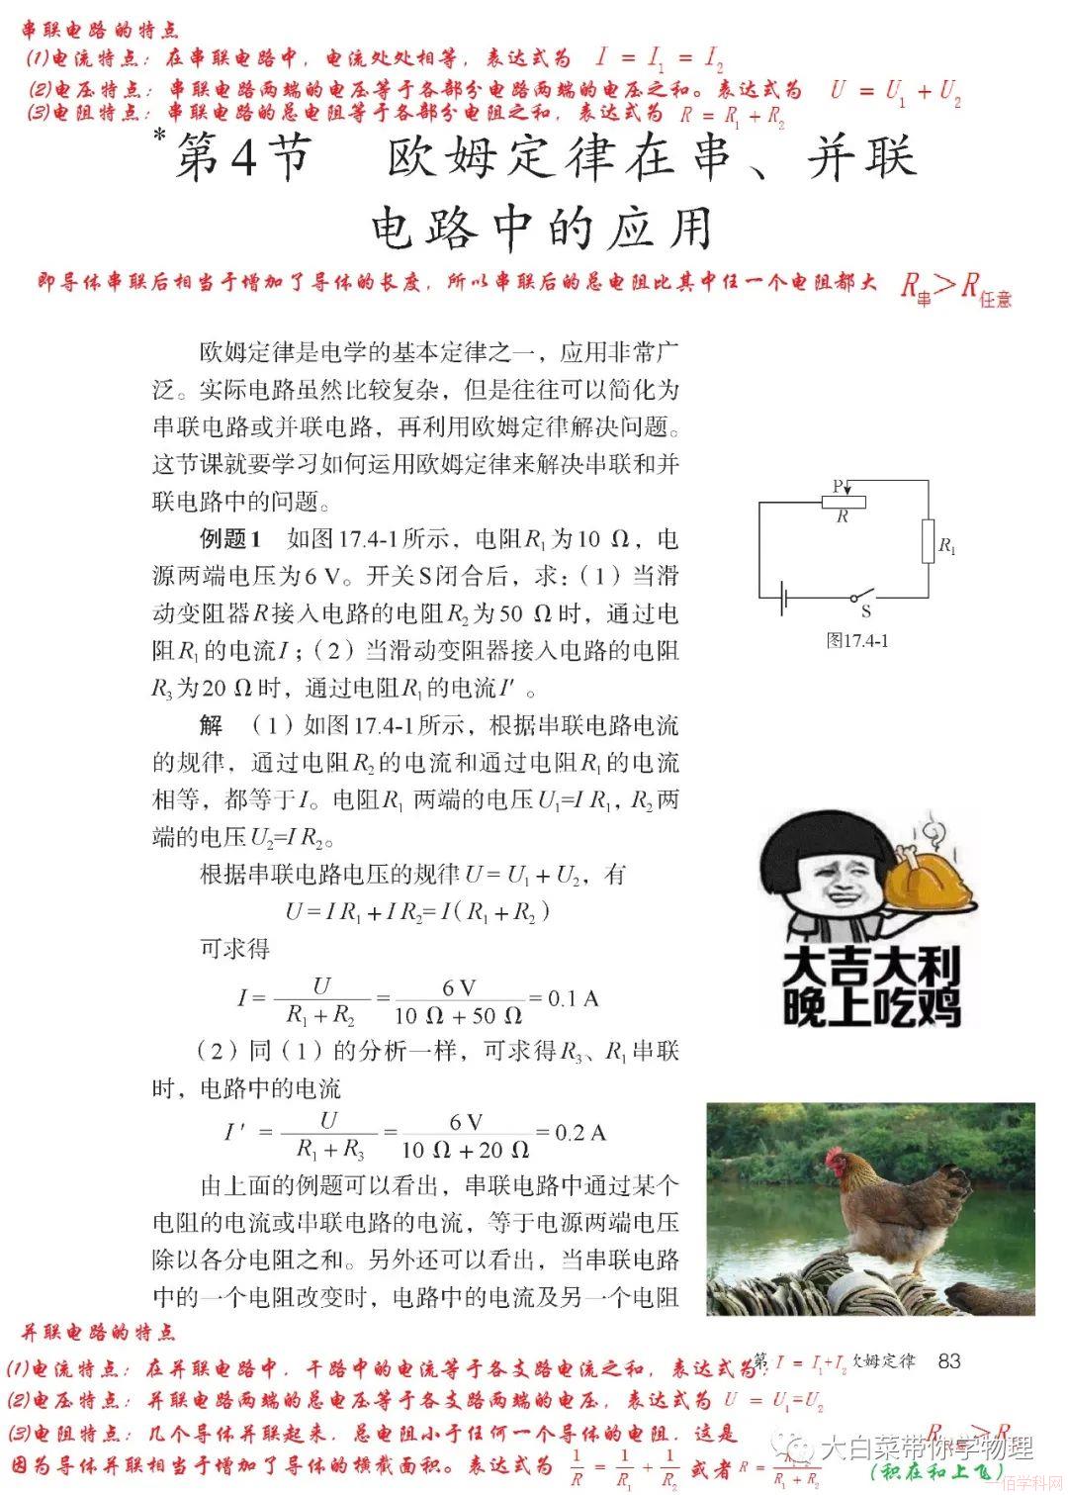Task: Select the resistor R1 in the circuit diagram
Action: pyautogui.click(x=928, y=541)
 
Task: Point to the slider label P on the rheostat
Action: pyautogui.click(x=838, y=486)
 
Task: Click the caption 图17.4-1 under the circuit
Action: pyautogui.click(x=857, y=641)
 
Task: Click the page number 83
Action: pyautogui.click(x=948, y=1360)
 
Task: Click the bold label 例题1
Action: pyautogui.click(x=230, y=539)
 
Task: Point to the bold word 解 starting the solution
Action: pyautogui.click(x=212, y=725)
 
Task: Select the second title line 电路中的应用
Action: pyautogui.click(x=542, y=229)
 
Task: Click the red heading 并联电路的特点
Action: pyautogui.click(x=99, y=1333)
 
